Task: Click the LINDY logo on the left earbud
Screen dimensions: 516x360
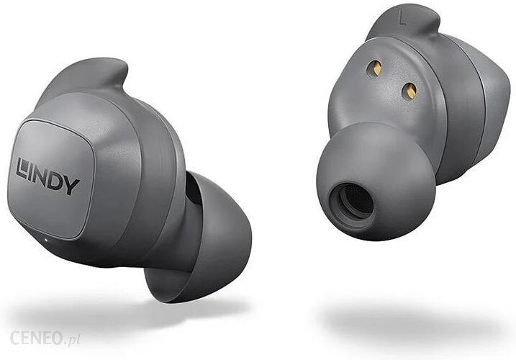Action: pyautogui.click(x=48, y=176)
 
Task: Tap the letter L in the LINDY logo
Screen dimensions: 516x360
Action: pyautogui.click(x=22, y=168)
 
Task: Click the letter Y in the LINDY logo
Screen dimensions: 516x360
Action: pyautogui.click(x=73, y=186)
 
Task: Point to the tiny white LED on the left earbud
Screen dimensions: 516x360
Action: pyautogui.click(x=45, y=239)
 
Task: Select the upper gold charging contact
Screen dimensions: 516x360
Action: pyautogui.click(x=376, y=68)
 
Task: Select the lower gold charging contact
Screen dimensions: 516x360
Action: pyautogui.click(x=409, y=90)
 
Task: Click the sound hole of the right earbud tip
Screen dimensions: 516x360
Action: pyautogui.click(x=352, y=202)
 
